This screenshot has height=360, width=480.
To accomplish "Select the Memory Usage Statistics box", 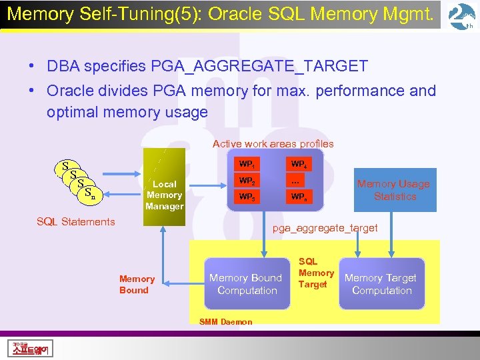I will pos(395,190).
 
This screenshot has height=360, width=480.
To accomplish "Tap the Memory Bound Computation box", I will pos(246,284).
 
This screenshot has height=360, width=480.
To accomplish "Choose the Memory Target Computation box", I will pos(381,284).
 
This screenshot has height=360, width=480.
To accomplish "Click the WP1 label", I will pos(247,164).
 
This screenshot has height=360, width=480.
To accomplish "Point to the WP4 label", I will pos(298,164).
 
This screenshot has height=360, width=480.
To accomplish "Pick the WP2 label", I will pos(247,181).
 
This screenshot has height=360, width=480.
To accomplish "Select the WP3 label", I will pos(247,197).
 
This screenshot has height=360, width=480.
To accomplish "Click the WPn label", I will pos(298,197).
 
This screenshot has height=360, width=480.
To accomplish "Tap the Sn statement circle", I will pos(89,194).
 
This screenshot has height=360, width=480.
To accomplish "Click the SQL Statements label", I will pos(75,222).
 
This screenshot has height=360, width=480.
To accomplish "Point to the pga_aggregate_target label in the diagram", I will pos(325,228).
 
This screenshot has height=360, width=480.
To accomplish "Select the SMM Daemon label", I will pos(226,322).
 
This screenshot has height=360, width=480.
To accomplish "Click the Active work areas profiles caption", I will pos(273,143).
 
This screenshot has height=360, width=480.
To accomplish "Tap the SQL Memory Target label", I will pos(316,273).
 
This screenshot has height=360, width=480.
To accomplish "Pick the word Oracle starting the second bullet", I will pos(71,91).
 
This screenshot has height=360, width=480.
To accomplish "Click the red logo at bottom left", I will pos(32,348).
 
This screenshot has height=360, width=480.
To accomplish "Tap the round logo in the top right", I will pos(461,17).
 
